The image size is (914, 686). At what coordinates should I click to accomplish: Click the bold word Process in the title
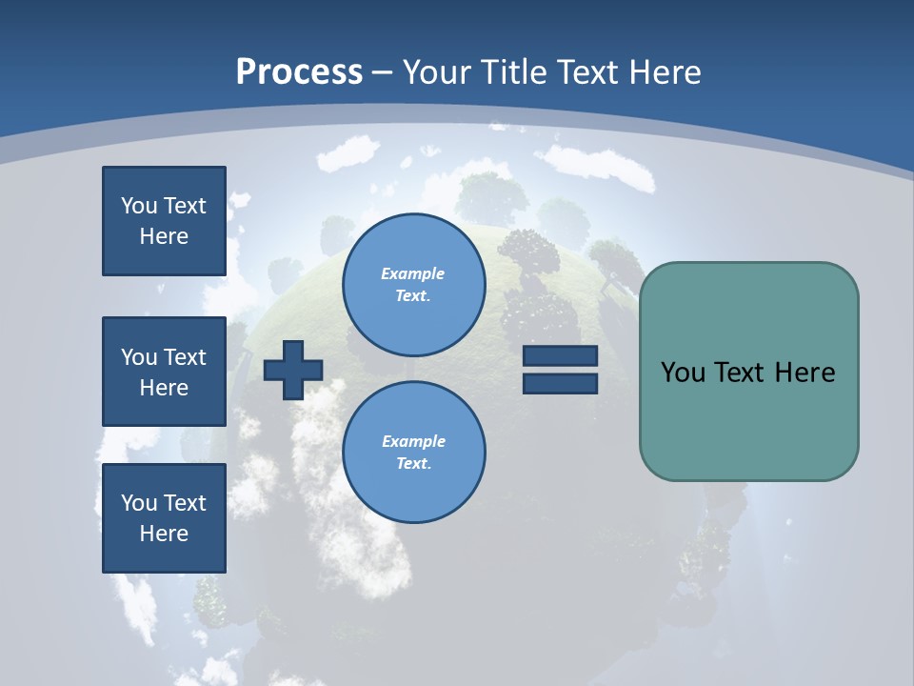pos(299,72)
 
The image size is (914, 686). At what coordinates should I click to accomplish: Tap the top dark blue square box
pos(164,221)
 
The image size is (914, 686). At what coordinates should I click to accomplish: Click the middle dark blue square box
pos(164,372)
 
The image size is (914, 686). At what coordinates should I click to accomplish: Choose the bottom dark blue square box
pos(164,517)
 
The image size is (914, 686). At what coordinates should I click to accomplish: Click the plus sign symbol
pos(293,370)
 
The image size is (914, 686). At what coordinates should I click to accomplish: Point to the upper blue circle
pos(413,284)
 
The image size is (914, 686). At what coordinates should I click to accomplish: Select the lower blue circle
pos(413,452)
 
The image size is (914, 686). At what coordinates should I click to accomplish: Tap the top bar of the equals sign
pos(560,355)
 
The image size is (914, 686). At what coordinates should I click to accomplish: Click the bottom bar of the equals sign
pos(560,383)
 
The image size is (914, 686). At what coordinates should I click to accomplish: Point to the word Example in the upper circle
pos(413,273)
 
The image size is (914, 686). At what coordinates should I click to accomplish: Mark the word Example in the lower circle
pos(413,441)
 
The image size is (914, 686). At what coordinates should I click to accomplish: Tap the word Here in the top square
pos(164,236)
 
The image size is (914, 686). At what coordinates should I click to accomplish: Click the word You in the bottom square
pos(138,502)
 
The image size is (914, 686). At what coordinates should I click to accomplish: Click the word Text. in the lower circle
pos(413,464)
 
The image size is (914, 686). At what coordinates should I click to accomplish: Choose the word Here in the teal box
pos(805,373)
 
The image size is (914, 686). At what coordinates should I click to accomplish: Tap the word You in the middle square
pos(138,356)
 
